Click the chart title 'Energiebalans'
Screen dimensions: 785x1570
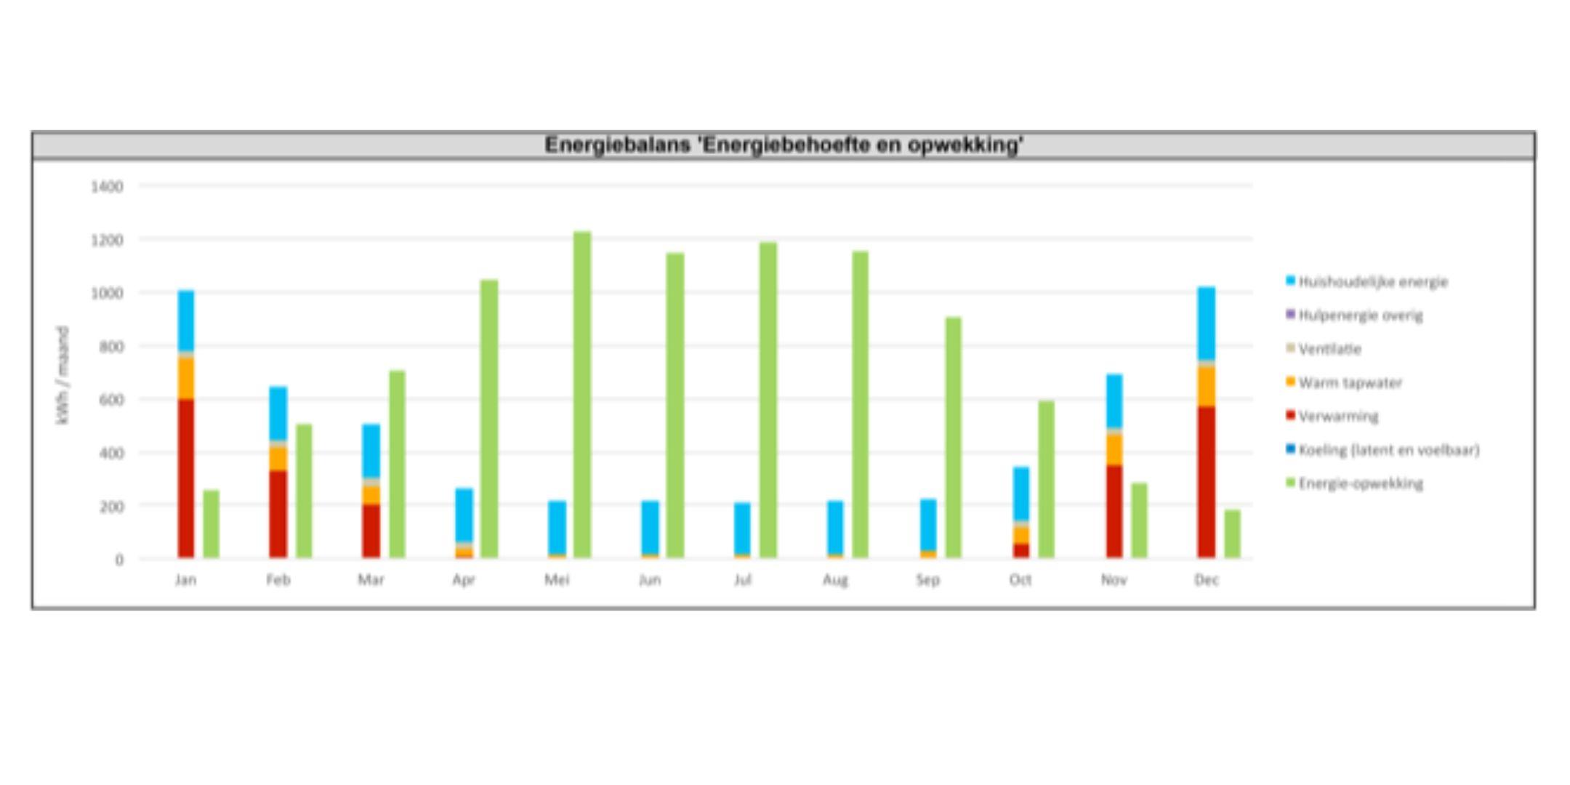[x=784, y=145]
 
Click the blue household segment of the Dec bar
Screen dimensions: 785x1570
[x=1207, y=323]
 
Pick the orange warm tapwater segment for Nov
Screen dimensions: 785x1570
[x=1114, y=449]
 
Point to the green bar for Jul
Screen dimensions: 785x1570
[x=768, y=400]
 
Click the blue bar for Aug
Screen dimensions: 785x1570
[x=835, y=528]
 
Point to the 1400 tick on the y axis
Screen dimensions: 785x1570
[x=107, y=187]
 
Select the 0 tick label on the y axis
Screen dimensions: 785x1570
[x=118, y=560]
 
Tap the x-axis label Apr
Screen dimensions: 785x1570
[x=464, y=580]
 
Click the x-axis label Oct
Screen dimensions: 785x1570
[x=1020, y=580]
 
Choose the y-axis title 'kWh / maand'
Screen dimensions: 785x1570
[x=63, y=375]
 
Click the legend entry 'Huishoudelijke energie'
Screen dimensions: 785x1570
[x=1373, y=282]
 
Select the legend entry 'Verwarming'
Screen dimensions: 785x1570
[x=1338, y=416]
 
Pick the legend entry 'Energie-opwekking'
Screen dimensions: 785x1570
[x=1361, y=484]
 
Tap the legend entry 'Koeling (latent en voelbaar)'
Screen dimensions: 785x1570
[x=1388, y=451]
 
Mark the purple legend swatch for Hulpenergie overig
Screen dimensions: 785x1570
[x=1290, y=315]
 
